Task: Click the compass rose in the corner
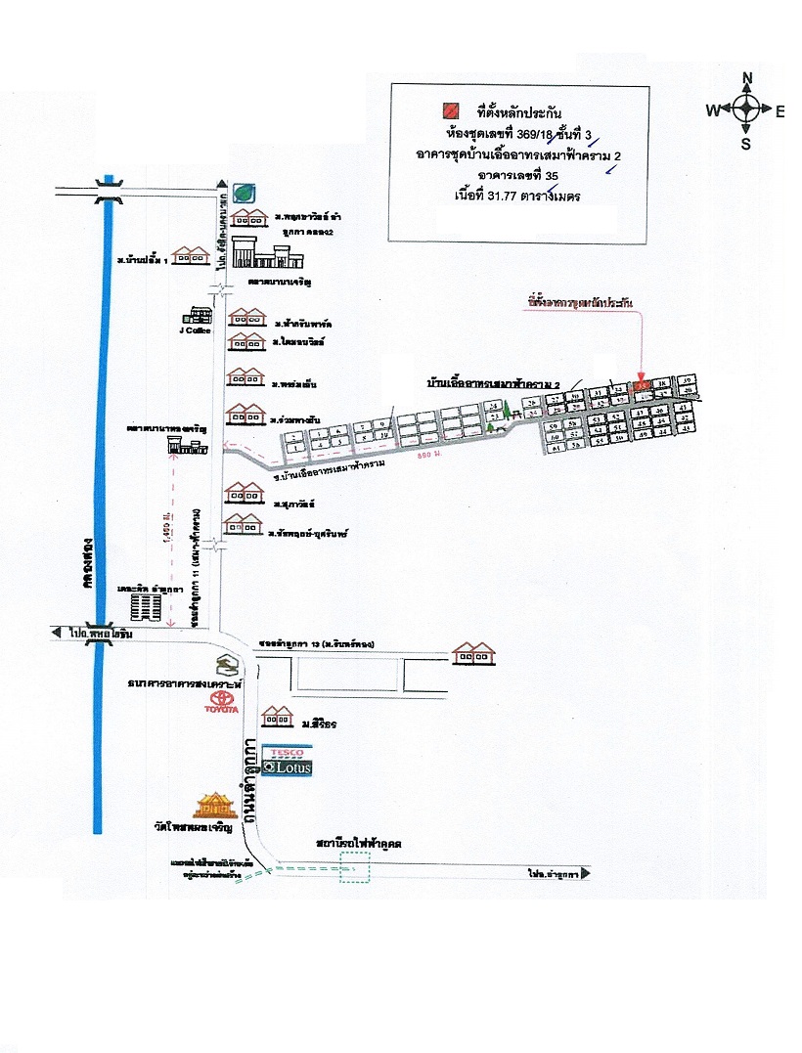click(x=746, y=110)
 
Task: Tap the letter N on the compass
click(x=746, y=79)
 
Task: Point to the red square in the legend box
click(x=452, y=110)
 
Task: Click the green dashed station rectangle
click(x=355, y=868)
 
